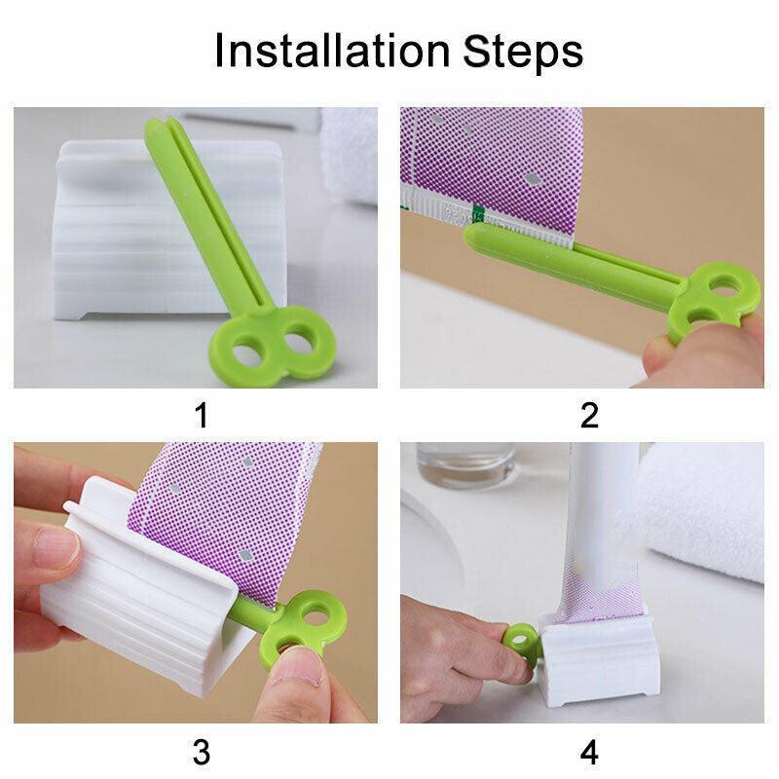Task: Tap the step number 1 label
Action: pos(202,415)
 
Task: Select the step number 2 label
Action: pos(589,415)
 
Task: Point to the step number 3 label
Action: pos(202,751)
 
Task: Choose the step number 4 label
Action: pos(589,751)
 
